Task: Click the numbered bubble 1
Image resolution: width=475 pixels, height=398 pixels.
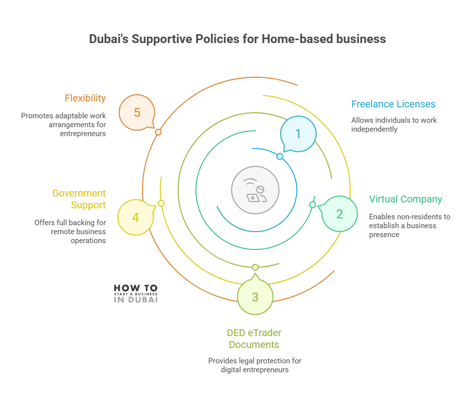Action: (298, 134)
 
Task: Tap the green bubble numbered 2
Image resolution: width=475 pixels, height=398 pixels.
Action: (339, 214)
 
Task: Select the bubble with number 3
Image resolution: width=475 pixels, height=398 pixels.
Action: (255, 297)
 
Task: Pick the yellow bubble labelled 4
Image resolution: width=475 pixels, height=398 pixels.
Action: (136, 217)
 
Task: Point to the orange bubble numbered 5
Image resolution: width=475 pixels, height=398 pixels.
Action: (137, 112)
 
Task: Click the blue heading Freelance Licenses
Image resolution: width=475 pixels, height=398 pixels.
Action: (392, 104)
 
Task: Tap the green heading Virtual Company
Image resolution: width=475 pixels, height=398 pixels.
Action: (405, 199)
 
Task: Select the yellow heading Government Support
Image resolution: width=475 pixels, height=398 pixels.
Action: (80, 198)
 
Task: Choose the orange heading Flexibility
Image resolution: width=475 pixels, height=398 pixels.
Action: (85, 98)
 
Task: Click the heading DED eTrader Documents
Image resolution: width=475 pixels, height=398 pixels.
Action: (253, 339)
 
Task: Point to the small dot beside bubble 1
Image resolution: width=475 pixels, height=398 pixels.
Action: (280, 156)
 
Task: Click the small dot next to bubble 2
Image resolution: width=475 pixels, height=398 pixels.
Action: (313, 204)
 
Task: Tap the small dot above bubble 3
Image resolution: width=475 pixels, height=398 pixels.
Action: (255, 267)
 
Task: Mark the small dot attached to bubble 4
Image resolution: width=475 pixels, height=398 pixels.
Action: (161, 203)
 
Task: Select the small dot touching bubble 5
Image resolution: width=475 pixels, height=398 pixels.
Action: (158, 132)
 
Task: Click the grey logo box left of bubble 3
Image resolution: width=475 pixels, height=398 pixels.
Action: (135, 293)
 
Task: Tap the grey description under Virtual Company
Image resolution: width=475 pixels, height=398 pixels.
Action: (409, 225)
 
